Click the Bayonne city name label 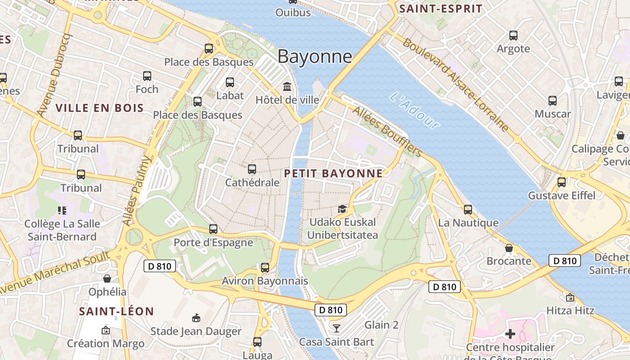[x=315, y=56]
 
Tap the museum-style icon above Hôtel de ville [x=287, y=86]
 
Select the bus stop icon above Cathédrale [x=252, y=169]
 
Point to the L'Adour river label [x=414, y=110]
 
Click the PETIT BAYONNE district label [x=333, y=173]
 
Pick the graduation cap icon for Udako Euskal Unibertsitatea [x=342, y=209]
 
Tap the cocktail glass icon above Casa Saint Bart [x=336, y=328]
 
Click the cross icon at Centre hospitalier [x=510, y=334]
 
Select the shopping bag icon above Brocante [x=508, y=248]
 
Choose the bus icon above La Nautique [x=468, y=209]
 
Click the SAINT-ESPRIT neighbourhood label [x=441, y=9]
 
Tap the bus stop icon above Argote [x=513, y=35]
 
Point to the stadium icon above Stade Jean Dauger [x=196, y=318]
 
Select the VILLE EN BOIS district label [x=99, y=108]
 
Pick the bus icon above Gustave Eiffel [x=561, y=182]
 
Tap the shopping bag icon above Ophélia [x=107, y=279]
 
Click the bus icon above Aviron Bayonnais [x=265, y=268]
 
